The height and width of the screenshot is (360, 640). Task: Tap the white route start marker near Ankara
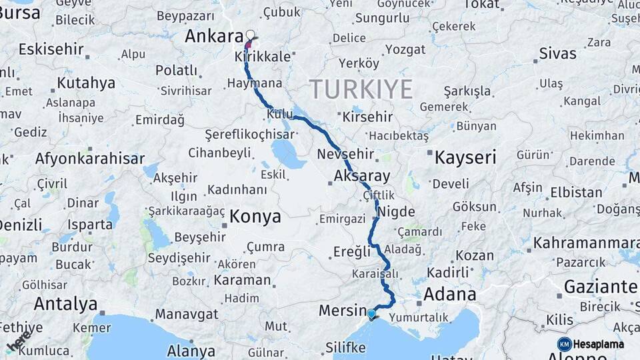pyautogui.click(x=251, y=35)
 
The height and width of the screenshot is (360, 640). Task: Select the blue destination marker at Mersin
pyautogui.click(x=371, y=313)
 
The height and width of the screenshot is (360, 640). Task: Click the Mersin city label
pyautogui.click(x=339, y=310)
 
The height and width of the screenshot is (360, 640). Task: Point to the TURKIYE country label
pyautogui.click(x=361, y=89)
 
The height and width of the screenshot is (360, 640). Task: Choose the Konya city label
pyautogui.click(x=255, y=217)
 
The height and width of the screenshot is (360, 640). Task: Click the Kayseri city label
pyautogui.click(x=465, y=158)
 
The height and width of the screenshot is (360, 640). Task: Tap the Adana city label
pyautogui.click(x=450, y=294)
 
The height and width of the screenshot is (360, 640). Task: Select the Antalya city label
pyautogui.click(x=65, y=304)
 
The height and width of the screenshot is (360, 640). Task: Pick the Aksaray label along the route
pyautogui.click(x=362, y=177)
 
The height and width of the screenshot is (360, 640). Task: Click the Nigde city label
pyautogui.click(x=396, y=212)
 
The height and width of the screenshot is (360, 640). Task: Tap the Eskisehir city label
pyautogui.click(x=51, y=49)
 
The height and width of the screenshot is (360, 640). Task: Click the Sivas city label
pyautogui.click(x=558, y=53)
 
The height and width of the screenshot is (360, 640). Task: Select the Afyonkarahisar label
pyautogui.click(x=90, y=159)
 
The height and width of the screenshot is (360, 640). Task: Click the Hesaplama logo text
pyautogui.click(x=599, y=344)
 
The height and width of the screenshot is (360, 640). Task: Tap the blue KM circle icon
pyautogui.click(x=564, y=344)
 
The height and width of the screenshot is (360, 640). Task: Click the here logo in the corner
pyautogui.click(x=18, y=340)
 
